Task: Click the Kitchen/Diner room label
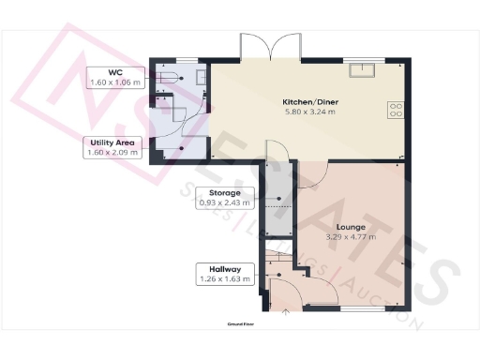[310, 101]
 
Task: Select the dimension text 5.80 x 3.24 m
[310, 112]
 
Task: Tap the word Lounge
[352, 227]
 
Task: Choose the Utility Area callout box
[112, 148]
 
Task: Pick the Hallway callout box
[220, 273]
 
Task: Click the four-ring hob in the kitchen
[396, 109]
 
